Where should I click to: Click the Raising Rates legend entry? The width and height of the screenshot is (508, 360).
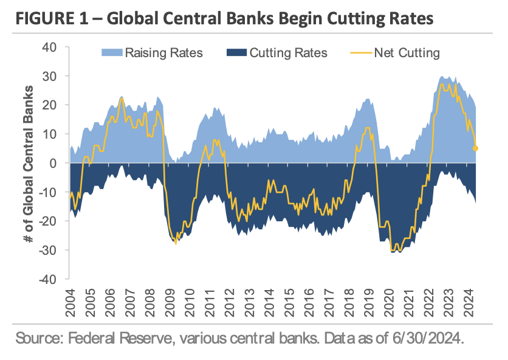163,53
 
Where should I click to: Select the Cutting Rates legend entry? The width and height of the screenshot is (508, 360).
288,53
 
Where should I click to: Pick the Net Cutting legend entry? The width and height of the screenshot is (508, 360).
407,53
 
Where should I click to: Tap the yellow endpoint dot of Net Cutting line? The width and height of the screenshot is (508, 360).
475,148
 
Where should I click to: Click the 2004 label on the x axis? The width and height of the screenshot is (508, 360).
71,302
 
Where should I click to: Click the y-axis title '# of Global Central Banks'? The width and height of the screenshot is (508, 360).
29,163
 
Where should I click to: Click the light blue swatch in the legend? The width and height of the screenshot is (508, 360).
112,53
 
